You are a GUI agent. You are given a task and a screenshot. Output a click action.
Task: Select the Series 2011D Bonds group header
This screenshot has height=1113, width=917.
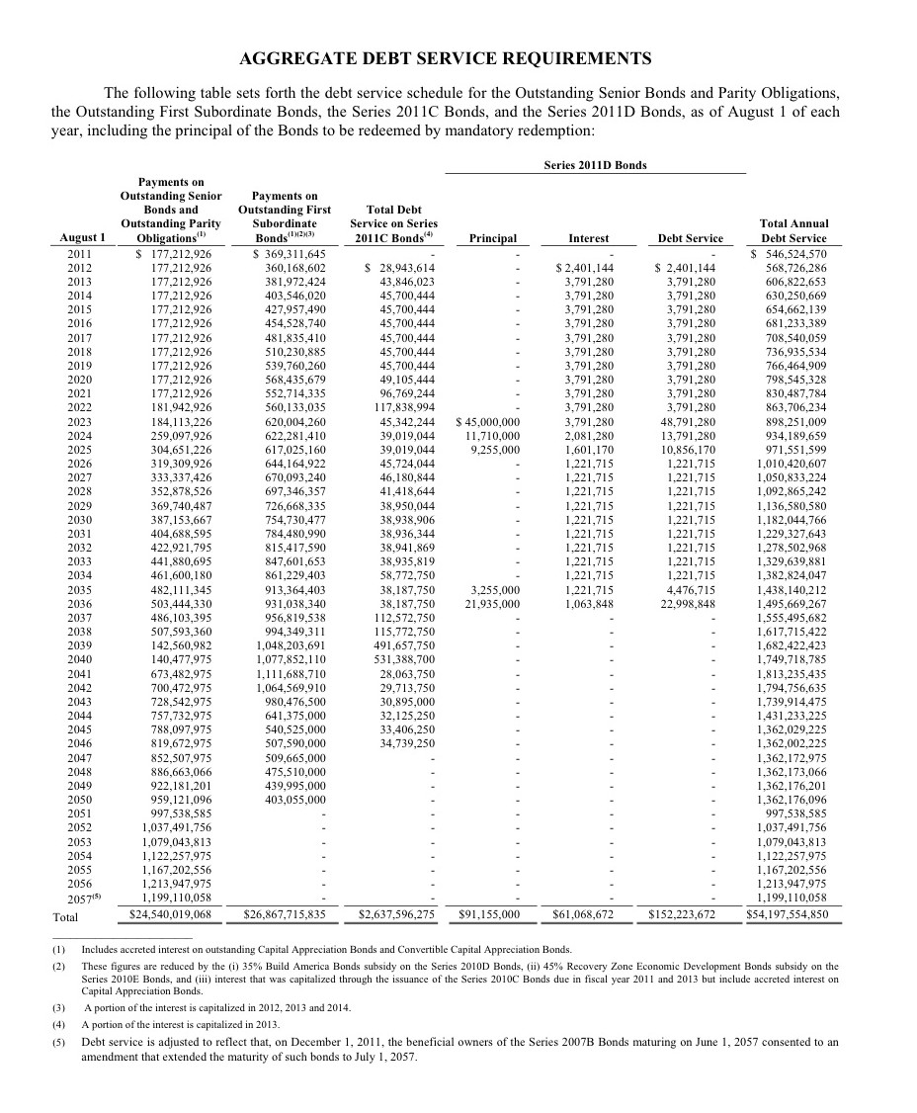595,165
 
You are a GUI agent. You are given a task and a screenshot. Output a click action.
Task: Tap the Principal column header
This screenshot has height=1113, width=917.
492,238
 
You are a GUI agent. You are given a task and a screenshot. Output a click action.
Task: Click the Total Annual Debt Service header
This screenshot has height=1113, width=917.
793,230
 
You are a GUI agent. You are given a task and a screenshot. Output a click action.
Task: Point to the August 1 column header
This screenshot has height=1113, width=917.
82,238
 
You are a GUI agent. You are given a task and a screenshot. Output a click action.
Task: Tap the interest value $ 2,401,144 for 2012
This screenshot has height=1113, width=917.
585,268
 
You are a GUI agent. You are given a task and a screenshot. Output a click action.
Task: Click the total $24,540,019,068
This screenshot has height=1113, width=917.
171,914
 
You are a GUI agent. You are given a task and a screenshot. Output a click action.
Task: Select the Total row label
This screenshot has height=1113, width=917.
64,916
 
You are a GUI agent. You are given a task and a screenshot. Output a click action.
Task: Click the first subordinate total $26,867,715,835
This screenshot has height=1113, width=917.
285,914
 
